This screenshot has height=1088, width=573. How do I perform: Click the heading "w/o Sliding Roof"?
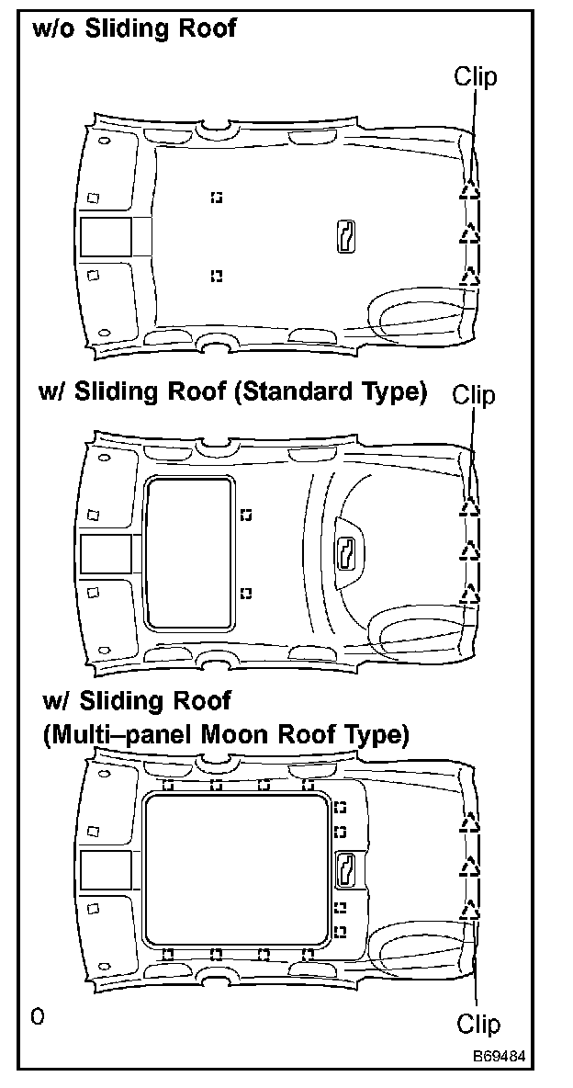[134, 28]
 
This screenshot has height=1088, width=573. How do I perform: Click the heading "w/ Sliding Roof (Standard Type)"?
[233, 391]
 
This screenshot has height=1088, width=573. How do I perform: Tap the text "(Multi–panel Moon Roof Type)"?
[226, 735]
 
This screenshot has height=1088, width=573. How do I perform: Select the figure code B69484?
[500, 1057]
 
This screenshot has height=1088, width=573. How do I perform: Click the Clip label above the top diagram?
[475, 76]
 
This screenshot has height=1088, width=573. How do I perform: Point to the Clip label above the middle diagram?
[474, 395]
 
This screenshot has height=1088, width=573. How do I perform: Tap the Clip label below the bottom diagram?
[479, 1024]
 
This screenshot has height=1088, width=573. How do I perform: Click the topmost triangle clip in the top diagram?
[470, 189]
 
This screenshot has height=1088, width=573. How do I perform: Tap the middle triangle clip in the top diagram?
[470, 233]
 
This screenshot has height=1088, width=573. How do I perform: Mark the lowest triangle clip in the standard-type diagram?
[470, 595]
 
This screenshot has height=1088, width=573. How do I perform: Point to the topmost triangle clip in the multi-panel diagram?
[470, 821]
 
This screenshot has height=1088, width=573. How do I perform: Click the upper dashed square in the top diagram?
[216, 197]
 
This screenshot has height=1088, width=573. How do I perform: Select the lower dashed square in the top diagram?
[216, 275]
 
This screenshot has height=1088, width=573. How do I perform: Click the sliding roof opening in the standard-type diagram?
[187, 553]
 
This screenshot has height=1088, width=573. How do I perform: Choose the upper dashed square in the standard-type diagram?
[245, 515]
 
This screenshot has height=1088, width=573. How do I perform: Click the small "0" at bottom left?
[36, 1017]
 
